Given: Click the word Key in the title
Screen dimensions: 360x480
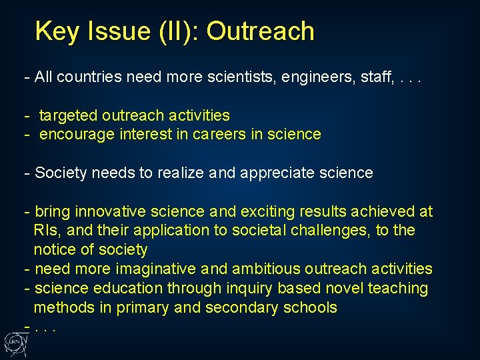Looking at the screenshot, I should click(x=55, y=31).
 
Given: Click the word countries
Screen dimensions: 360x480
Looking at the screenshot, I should click(x=87, y=77).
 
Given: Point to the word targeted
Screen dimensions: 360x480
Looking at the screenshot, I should click(x=67, y=115).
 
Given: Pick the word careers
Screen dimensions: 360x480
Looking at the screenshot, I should click(x=220, y=135).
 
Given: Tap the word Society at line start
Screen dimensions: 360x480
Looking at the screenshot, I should click(x=61, y=173).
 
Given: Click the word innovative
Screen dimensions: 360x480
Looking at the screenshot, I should click(x=111, y=212).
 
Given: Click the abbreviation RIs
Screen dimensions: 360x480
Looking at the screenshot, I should click(x=43, y=231).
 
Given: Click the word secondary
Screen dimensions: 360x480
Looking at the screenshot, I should click(x=237, y=308).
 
